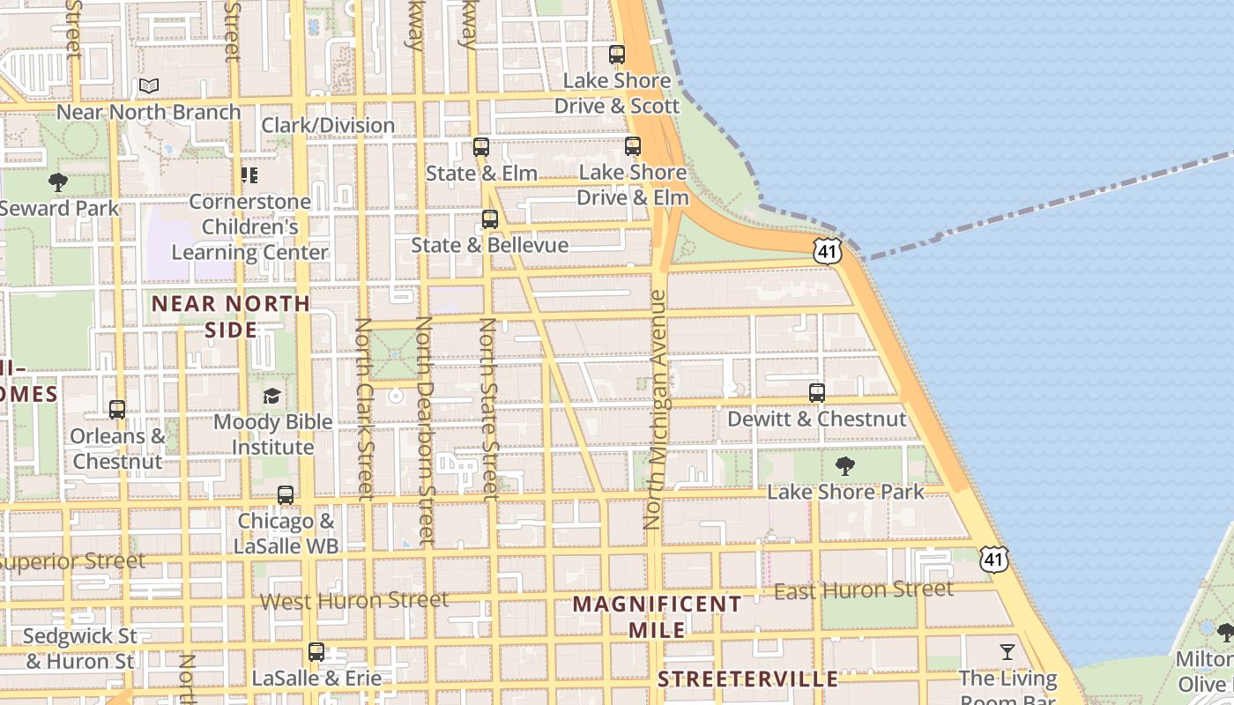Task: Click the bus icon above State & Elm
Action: click(x=480, y=147)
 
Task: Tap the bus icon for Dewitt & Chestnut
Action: click(x=817, y=393)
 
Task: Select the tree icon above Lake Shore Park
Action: click(x=845, y=466)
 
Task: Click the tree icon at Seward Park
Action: click(x=58, y=183)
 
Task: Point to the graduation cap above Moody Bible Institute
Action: click(x=271, y=396)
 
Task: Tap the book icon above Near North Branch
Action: click(x=149, y=86)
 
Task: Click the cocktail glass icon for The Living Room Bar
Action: click(x=1007, y=652)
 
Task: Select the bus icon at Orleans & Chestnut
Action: click(x=117, y=410)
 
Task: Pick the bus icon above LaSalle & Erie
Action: click(x=316, y=653)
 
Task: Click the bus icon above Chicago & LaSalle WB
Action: click(x=285, y=495)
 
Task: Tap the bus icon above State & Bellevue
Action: click(x=489, y=219)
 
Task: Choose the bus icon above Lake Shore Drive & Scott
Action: click(x=617, y=55)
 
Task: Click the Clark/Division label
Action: click(x=328, y=125)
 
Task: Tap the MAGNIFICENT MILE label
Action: click(x=658, y=617)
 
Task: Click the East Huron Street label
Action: click(x=864, y=590)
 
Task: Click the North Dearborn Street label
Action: click(x=424, y=429)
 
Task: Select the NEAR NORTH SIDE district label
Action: click(x=231, y=316)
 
